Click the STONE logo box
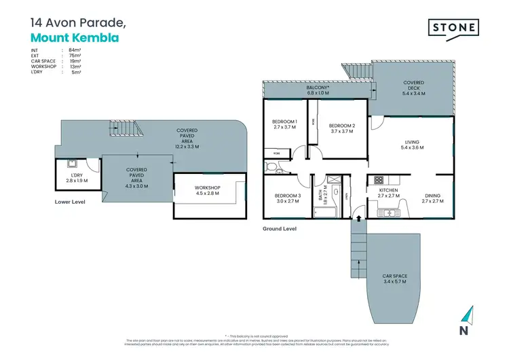click(453, 28)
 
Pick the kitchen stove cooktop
click(378, 181)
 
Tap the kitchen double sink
click(391, 213)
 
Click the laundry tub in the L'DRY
click(71, 163)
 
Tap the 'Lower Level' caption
click(71, 202)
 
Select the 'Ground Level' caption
click(280, 229)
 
